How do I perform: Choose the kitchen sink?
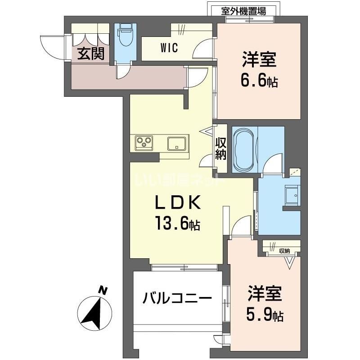point(178,144)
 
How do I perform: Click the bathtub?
point(244,149)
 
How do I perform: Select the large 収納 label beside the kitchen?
point(220,148)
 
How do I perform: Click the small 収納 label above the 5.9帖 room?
point(284,251)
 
